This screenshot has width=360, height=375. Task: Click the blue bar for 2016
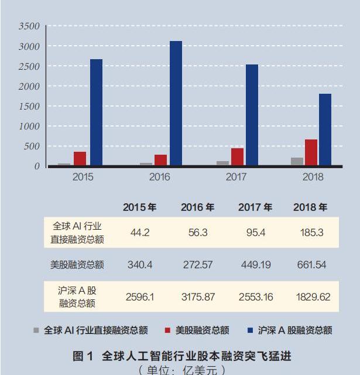pyautogui.click(x=176, y=104)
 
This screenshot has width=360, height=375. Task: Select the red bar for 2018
pyautogui.click(x=311, y=153)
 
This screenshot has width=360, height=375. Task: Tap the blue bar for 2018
pyautogui.click(x=325, y=130)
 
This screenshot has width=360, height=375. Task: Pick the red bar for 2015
pyautogui.click(x=80, y=159)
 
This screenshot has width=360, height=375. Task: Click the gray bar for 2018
pyautogui.click(x=297, y=162)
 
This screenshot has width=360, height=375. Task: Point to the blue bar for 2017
pyautogui.click(x=252, y=115)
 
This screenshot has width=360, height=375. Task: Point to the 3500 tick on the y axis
pyautogui.click(x=29, y=26)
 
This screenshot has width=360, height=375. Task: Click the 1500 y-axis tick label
pyautogui.click(x=29, y=106)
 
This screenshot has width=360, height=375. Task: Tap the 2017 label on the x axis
pyautogui.click(x=236, y=176)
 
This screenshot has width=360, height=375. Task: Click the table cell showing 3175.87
pyautogui.click(x=197, y=297)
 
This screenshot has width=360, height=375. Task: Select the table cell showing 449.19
pyautogui.click(x=255, y=265)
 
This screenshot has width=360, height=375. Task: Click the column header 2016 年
pyautogui.click(x=197, y=207)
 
